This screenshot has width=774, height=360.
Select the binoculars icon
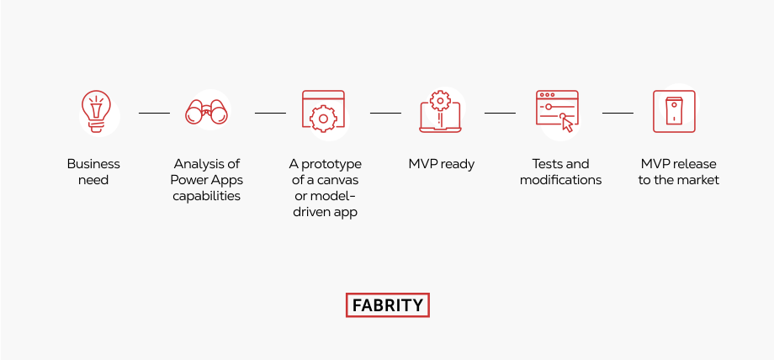206,112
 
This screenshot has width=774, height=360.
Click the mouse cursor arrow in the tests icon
568,125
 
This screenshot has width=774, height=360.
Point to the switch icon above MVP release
674,112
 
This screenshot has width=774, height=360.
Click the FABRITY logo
388,305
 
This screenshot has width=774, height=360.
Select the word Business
93,164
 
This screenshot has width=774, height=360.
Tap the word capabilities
206,197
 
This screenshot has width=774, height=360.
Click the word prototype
331,165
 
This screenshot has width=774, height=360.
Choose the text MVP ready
442,165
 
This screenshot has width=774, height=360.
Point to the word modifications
561,180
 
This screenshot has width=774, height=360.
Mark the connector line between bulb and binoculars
154,113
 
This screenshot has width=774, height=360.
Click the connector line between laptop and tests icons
500,113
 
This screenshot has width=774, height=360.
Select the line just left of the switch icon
618,113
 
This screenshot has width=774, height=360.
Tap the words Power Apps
206,181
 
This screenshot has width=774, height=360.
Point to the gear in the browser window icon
323,119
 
